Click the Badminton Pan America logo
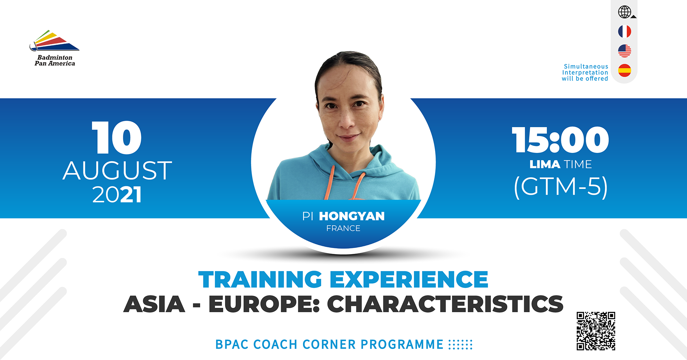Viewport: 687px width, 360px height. (55, 48)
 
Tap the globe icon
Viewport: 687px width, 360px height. (625, 12)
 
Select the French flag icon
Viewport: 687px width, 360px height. (624, 32)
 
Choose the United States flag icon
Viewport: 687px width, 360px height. (624, 51)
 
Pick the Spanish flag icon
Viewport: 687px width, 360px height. (624, 70)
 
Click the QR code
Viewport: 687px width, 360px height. (596, 331)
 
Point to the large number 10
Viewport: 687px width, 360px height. (117, 138)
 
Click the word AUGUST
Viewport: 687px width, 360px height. (117, 171)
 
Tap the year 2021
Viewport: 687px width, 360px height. (117, 195)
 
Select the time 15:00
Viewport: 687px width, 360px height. (561, 140)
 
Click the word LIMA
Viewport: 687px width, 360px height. (545, 165)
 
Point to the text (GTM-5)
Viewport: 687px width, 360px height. (561, 187)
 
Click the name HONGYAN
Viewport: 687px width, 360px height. (352, 216)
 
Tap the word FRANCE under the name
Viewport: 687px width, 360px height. (343, 228)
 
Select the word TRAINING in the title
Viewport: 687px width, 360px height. (260, 279)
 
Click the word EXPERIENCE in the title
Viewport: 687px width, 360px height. (409, 279)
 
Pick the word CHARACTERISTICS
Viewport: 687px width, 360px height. (445, 304)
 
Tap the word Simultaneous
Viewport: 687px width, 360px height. (586, 66)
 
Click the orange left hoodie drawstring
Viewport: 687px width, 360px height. (329, 182)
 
